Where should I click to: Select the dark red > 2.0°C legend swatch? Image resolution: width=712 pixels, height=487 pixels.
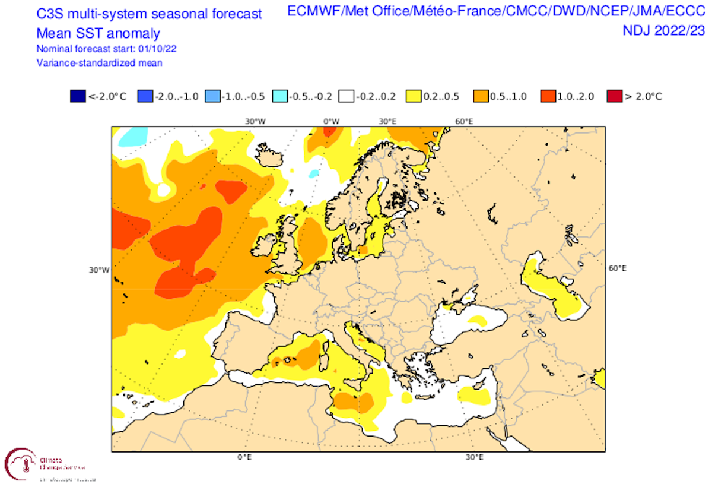(614, 96)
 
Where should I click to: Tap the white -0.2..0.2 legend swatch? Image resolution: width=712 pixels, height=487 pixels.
(347, 96)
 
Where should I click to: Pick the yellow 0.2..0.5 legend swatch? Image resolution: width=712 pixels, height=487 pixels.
(414, 96)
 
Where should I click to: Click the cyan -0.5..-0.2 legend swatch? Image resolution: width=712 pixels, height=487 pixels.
(279, 96)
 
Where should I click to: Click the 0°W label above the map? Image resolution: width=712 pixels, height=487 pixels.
(331, 121)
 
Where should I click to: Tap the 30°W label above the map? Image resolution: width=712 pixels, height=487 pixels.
(255, 121)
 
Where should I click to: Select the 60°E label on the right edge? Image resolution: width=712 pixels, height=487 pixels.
(617, 268)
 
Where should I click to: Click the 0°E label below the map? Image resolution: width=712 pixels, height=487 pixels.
(244, 458)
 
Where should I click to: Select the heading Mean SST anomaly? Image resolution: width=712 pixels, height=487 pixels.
(98, 33)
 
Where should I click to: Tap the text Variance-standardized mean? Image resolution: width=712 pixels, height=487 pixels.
(100, 62)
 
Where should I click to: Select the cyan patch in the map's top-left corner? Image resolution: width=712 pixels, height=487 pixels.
(132, 137)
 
